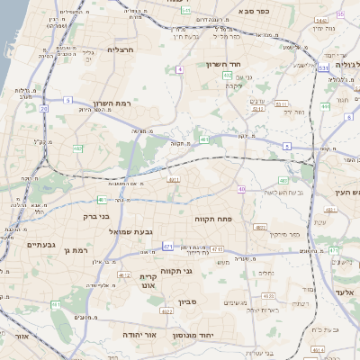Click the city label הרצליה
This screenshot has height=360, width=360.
click(119, 50)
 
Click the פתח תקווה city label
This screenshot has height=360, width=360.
click(213, 219)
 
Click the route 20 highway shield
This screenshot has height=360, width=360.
click(43, 109)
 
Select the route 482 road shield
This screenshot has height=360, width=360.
click(79, 148)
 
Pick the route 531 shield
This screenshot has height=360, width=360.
click(322, 67)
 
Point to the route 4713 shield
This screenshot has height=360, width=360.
click(217, 249)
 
